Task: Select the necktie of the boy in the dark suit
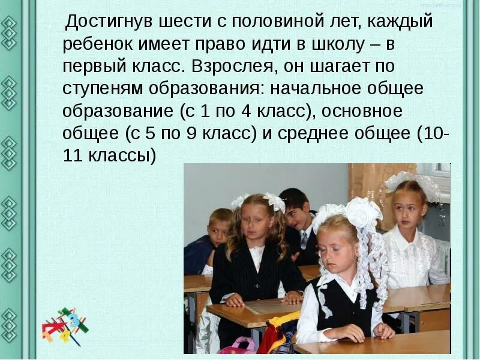pos(304,240)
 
